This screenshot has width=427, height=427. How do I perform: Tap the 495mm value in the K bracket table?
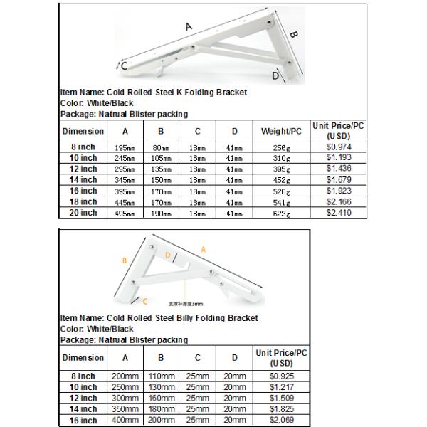click(x=125, y=213)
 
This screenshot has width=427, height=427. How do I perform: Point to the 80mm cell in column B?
click(x=162, y=147)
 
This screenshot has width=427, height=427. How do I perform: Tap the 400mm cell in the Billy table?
click(x=125, y=421)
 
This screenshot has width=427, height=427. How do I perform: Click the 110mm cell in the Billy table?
click(x=162, y=376)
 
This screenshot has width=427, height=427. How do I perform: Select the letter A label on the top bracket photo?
click(x=189, y=27)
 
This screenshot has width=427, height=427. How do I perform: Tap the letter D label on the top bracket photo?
click(x=275, y=75)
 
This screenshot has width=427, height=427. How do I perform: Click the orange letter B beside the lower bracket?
click(x=125, y=261)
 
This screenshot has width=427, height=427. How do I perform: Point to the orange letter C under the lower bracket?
click(x=144, y=301)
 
